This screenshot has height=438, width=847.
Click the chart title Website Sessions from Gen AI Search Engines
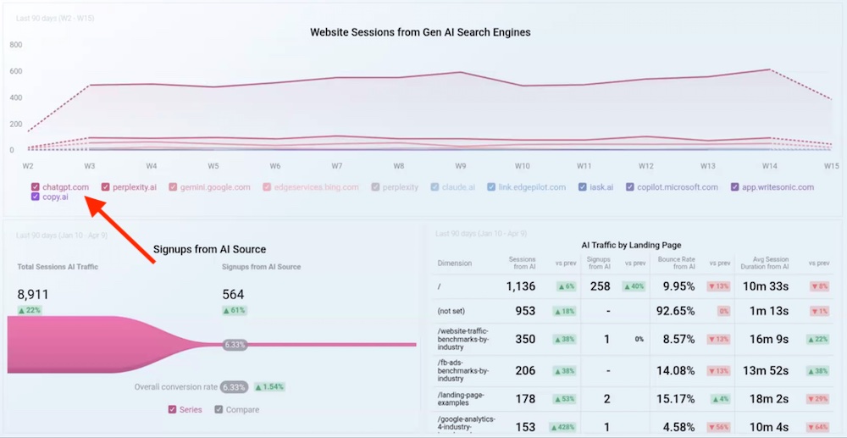(420, 32)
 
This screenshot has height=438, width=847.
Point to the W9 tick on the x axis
(460, 166)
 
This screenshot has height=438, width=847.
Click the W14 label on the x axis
(769, 166)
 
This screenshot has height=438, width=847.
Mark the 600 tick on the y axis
(16, 71)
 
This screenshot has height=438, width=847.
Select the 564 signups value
(233, 295)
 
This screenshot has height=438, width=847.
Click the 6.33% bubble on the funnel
(235, 345)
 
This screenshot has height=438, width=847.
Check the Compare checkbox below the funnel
(219, 410)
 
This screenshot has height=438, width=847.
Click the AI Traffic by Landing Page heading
(631, 245)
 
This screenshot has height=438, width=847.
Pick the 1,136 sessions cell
(521, 286)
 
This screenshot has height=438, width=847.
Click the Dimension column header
(455, 263)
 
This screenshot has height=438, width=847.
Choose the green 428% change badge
(565, 427)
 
